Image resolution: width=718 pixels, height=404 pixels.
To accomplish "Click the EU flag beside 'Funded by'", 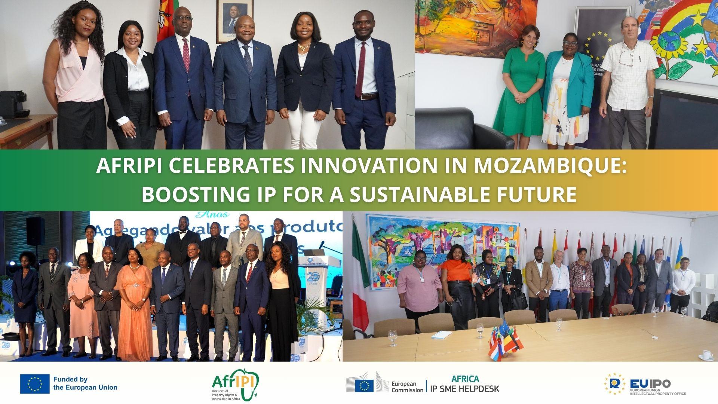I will [35, 384].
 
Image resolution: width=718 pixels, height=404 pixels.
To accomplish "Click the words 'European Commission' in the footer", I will [407, 387].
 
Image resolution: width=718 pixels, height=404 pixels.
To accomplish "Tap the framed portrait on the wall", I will [234, 17].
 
